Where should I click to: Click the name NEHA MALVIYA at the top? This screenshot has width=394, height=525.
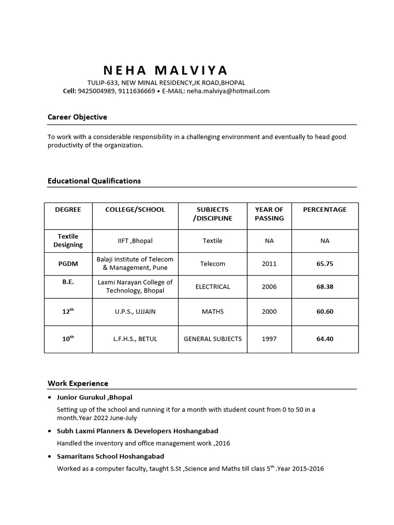(165, 70)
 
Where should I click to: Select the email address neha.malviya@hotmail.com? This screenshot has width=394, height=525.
(228, 91)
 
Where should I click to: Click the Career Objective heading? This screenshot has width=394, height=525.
(77, 117)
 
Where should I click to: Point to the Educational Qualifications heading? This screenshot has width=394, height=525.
(94, 181)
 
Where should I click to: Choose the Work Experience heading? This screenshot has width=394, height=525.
(78, 383)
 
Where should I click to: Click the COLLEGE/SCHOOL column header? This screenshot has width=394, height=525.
(135, 209)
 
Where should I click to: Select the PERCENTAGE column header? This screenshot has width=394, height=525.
(325, 209)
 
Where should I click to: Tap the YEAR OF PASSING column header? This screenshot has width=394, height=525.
(269, 214)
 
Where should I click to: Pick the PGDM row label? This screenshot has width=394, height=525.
(68, 264)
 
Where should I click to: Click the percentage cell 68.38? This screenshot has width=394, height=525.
(325, 287)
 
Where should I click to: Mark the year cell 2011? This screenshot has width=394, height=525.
(269, 264)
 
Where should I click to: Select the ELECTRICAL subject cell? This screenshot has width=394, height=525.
(212, 287)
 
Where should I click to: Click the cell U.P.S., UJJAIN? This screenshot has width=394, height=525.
(135, 311)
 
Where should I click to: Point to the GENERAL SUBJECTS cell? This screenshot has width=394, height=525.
(212, 339)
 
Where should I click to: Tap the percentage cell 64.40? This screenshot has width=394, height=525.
(325, 339)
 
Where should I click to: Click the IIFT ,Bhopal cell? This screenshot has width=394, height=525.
(135, 240)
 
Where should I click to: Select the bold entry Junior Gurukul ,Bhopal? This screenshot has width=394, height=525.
(94, 397)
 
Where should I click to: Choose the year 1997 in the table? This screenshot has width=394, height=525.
(269, 339)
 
